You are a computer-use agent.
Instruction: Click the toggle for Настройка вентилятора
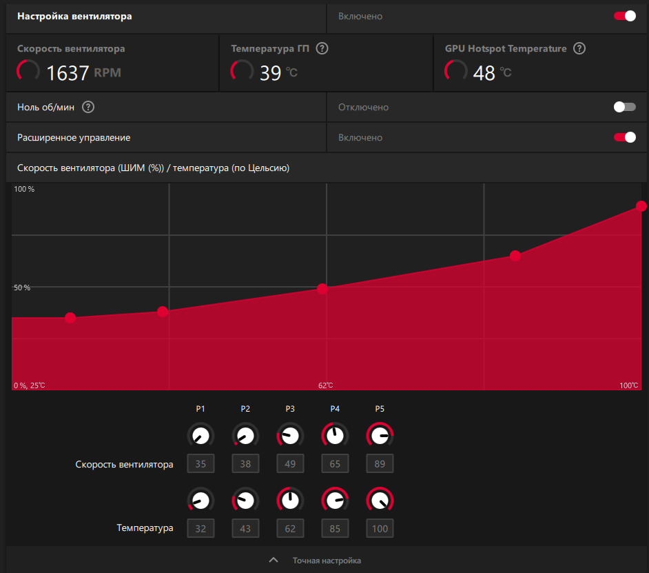[x=625, y=16]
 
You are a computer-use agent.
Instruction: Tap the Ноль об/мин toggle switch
[x=625, y=107]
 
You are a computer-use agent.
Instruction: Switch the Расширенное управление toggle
[x=625, y=137]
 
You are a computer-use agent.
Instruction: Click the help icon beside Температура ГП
[x=322, y=49]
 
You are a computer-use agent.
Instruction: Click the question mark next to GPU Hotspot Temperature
[x=579, y=49]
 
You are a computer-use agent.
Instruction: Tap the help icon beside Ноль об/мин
[x=87, y=107]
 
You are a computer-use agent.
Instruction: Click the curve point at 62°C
[x=322, y=288]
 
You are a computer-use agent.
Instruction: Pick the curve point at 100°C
[x=641, y=206]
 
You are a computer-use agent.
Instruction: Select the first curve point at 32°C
[x=70, y=318]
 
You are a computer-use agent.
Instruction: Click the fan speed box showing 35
[x=200, y=464]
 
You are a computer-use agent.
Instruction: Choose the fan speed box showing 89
[x=380, y=464]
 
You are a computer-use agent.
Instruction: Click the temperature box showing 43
[x=245, y=529]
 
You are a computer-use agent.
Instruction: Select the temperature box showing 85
[x=335, y=529]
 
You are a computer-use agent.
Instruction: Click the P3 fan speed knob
[x=290, y=436]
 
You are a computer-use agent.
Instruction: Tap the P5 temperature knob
[x=380, y=501]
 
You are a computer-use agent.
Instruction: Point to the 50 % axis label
[x=23, y=288]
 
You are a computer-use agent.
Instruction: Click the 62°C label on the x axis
[x=325, y=385]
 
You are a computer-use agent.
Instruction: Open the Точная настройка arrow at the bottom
[x=274, y=561]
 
